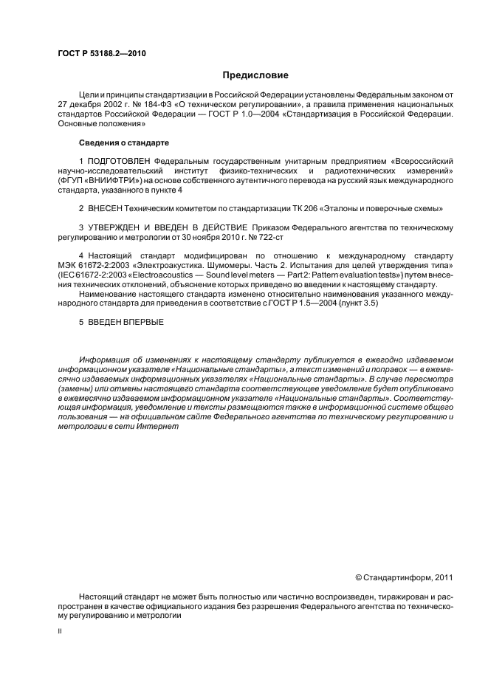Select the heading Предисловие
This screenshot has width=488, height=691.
[255, 75]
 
